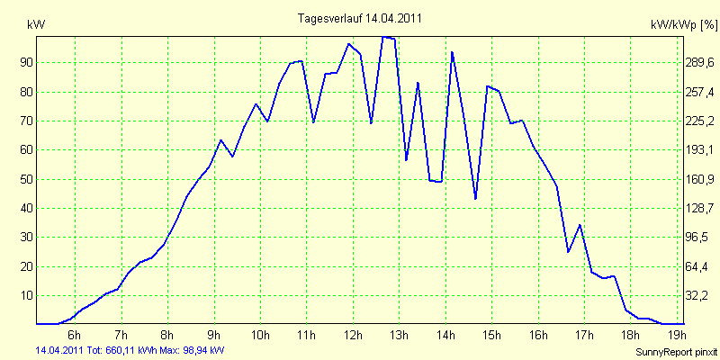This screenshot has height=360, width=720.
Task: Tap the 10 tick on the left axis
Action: [x=27, y=295]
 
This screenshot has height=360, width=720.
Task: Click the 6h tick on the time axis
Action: [x=75, y=335]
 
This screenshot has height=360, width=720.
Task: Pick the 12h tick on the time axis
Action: [x=353, y=335]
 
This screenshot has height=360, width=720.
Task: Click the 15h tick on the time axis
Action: [x=491, y=335]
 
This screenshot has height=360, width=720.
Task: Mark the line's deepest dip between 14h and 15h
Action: [x=475, y=199]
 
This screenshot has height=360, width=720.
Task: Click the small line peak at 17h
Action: [x=580, y=225]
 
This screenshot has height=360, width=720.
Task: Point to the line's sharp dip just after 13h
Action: [x=407, y=160]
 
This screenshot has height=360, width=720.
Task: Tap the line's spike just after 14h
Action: [x=452, y=52]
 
